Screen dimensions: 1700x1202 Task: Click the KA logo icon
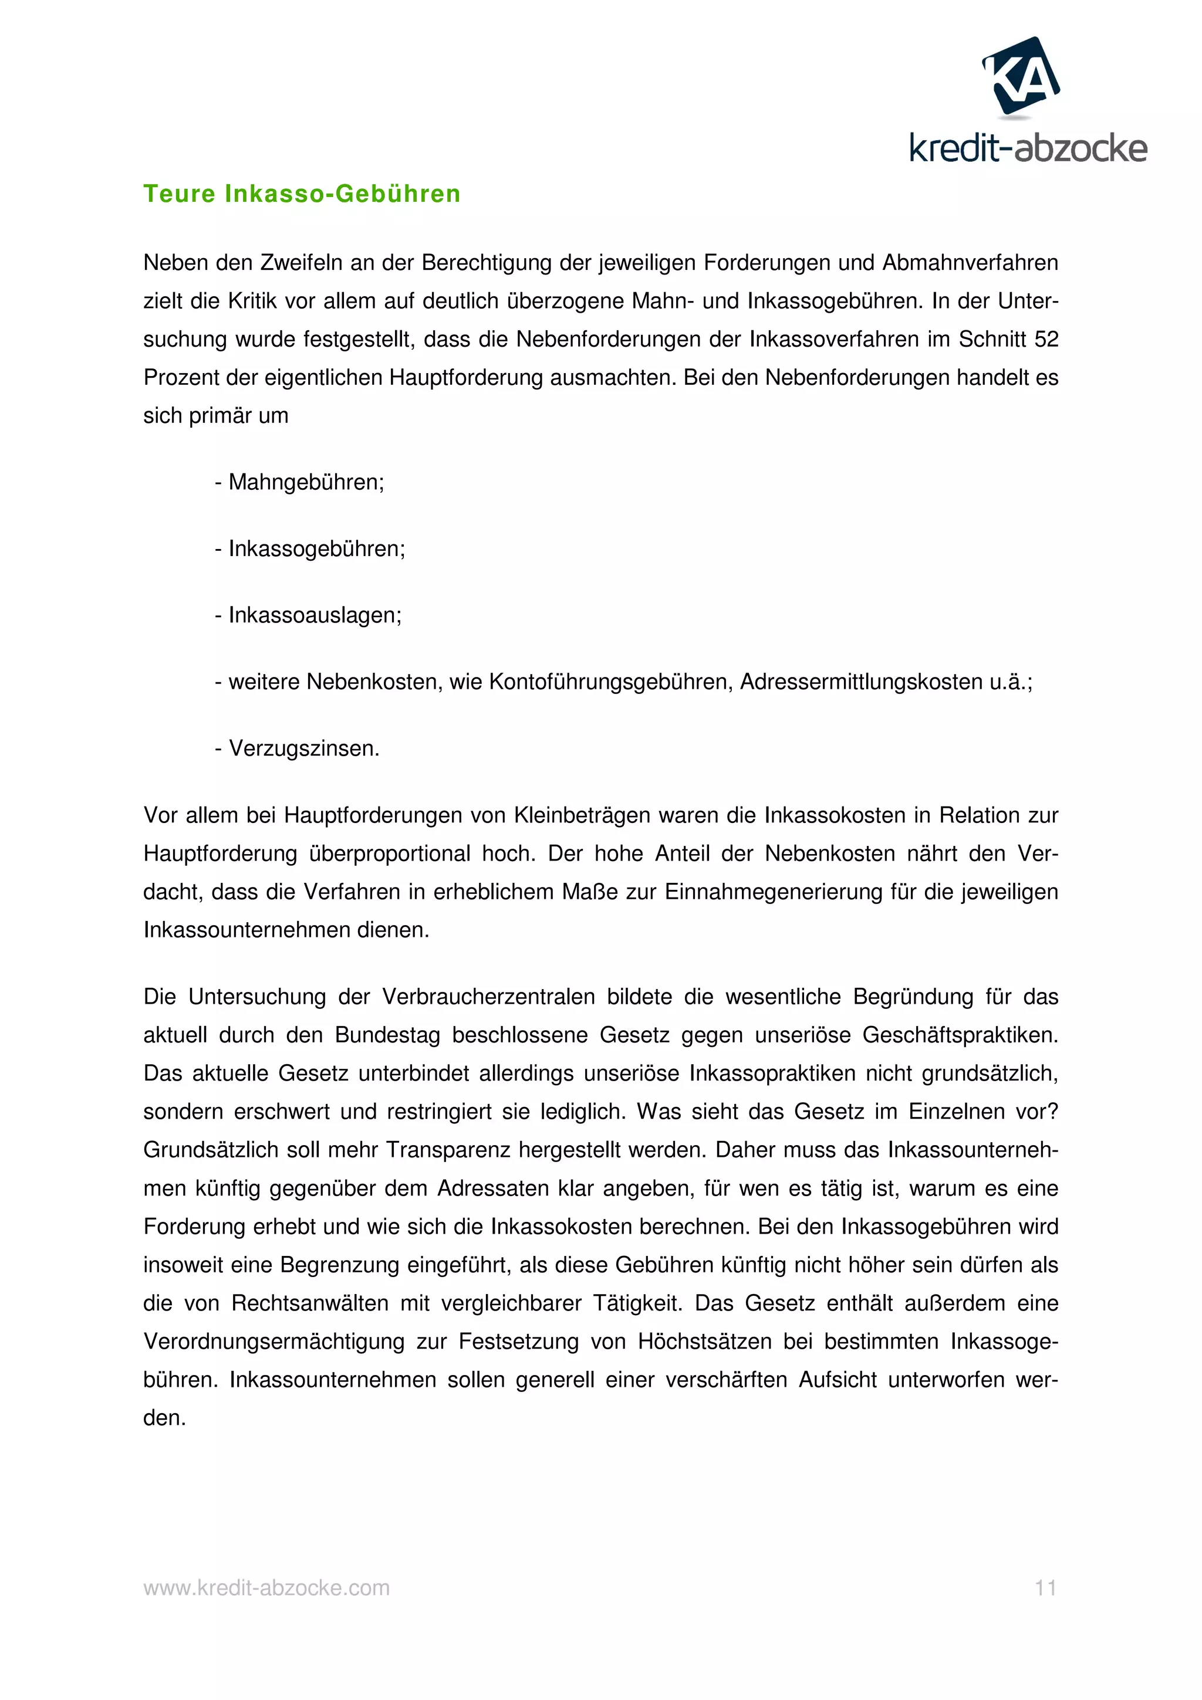coord(1021,76)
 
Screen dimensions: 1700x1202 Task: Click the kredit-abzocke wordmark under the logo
coord(1028,149)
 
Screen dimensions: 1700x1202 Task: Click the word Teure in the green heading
coord(180,194)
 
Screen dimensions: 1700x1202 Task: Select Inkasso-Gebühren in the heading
coord(342,194)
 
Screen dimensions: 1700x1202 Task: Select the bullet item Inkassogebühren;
coord(316,548)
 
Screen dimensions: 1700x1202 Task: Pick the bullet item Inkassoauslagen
coord(314,615)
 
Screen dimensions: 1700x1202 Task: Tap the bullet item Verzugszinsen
coord(303,749)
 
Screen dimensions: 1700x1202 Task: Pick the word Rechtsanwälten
coord(309,1303)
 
